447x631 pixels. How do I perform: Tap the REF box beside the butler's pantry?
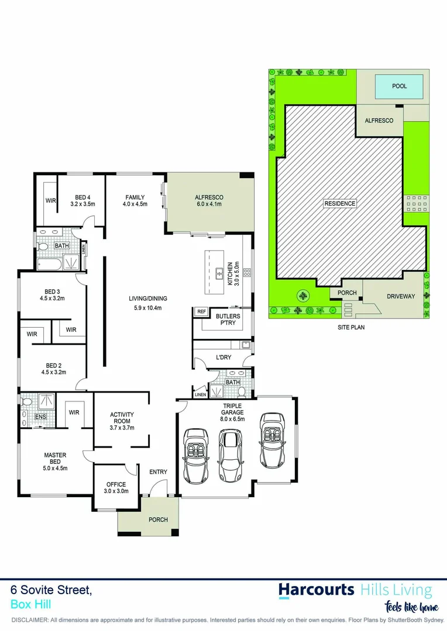pos(202,311)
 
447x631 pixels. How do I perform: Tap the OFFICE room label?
pos(116,484)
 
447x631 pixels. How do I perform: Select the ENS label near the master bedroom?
pos(40,417)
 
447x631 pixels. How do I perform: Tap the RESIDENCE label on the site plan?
pos(339,203)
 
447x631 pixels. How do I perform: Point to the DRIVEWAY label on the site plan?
pos(401,296)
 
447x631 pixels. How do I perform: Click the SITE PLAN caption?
pos(351,328)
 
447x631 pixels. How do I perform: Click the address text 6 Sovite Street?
pos(51,591)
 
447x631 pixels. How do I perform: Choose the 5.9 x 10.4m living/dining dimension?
pos(145,308)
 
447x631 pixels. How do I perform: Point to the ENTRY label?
pos(158,472)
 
